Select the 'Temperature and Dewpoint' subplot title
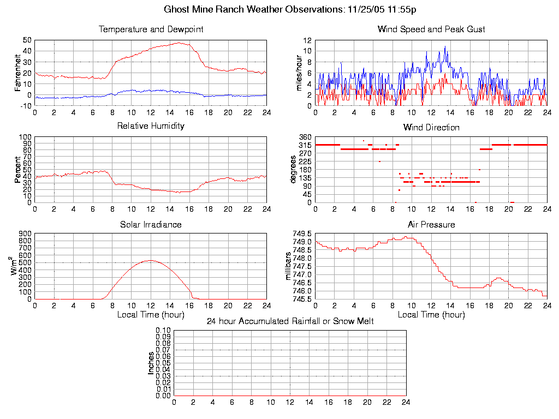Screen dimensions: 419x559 point(151,29)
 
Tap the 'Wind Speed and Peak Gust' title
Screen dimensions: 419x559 point(431,29)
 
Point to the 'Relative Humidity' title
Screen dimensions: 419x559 point(151,127)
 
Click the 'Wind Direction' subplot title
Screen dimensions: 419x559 point(431,128)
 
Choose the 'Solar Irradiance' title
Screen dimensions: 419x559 point(151,225)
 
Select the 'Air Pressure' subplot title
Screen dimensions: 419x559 point(431,225)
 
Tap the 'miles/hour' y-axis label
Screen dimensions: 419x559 point(299,73)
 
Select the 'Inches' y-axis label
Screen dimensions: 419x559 point(151,363)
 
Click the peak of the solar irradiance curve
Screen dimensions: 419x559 point(150,260)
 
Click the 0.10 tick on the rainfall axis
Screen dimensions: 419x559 point(163,331)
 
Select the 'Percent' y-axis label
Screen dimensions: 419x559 point(18,170)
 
